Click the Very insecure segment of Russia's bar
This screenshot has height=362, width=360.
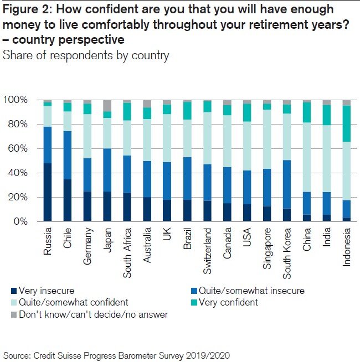(x=48, y=192)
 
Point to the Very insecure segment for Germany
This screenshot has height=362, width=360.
(x=87, y=206)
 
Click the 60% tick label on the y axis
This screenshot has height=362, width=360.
(x=22, y=148)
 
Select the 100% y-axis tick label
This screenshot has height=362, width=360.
(x=20, y=100)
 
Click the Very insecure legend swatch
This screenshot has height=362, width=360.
(x=13, y=290)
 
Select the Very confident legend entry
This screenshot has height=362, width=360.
(x=233, y=302)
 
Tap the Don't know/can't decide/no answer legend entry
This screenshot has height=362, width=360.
(x=89, y=314)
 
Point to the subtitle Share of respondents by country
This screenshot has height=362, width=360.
(x=86, y=55)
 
